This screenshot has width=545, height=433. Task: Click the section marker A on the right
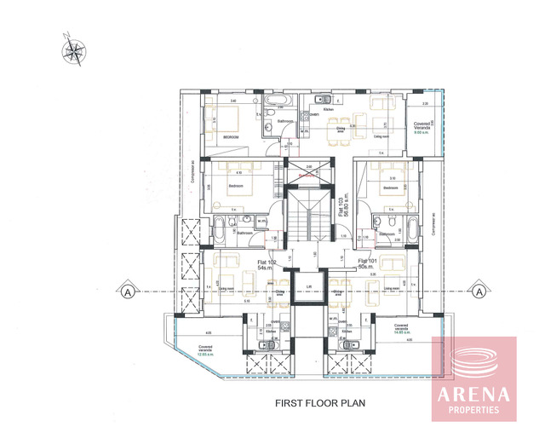(479, 291)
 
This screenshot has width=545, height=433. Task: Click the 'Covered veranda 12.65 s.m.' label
(205, 350)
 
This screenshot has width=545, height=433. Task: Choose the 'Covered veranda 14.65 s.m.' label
(402, 328)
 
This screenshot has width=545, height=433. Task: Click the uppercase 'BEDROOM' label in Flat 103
(231, 136)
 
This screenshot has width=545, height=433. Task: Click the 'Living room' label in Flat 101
(393, 289)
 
